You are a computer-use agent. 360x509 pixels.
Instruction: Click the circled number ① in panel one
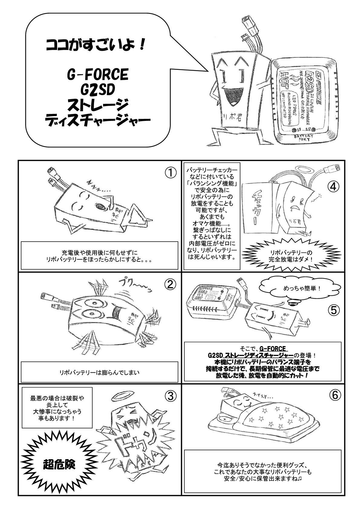tap(170, 173)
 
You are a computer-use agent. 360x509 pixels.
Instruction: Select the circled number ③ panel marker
tap(170, 395)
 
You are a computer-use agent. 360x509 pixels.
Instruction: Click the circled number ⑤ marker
tap(333, 309)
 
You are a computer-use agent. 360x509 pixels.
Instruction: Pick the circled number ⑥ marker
tap(333, 395)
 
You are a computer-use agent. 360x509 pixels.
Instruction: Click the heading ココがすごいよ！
tap(96, 46)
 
